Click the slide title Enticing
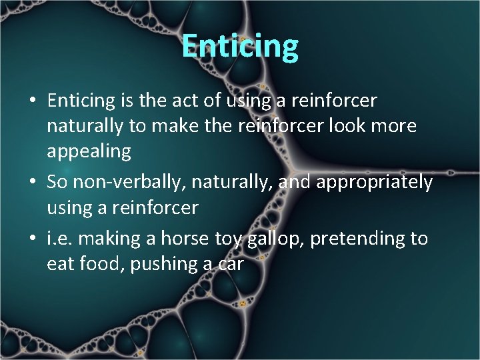click(240, 46)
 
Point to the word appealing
click(89, 152)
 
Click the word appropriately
click(375, 183)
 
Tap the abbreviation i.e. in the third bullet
click(57, 239)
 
